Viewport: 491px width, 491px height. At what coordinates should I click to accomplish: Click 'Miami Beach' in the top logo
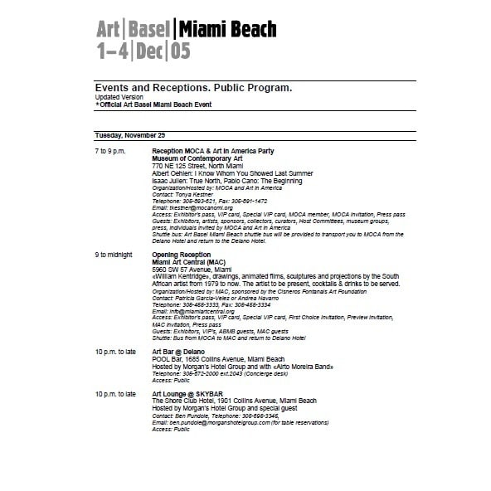click(x=226, y=30)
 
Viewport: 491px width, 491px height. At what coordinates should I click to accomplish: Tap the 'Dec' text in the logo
click(x=152, y=51)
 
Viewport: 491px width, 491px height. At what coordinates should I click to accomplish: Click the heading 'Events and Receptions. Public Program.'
click(x=193, y=88)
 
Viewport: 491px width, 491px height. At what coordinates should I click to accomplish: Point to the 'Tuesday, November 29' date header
click(x=130, y=134)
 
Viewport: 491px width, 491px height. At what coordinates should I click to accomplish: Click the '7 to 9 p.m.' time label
click(x=113, y=151)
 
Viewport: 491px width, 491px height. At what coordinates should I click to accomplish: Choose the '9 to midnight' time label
click(x=114, y=255)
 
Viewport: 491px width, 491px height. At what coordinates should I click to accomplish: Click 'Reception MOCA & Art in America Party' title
click(x=212, y=151)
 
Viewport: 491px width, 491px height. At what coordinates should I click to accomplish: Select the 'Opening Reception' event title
click(x=181, y=255)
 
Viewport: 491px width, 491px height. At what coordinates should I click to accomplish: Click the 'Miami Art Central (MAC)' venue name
click(x=183, y=262)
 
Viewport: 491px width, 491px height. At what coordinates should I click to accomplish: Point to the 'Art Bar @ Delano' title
click(x=178, y=352)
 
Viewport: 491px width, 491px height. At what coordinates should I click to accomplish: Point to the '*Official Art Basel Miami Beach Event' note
click(x=153, y=105)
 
